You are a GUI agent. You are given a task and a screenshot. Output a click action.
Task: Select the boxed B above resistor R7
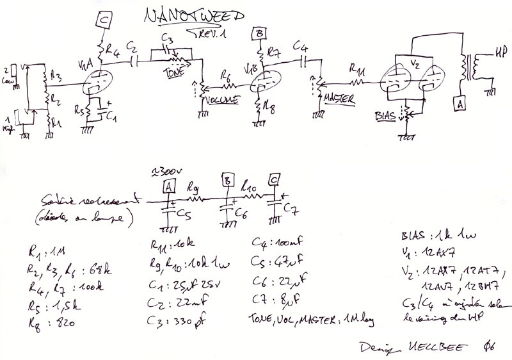point(259,33)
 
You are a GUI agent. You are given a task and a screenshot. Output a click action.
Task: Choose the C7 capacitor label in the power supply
point(290,211)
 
